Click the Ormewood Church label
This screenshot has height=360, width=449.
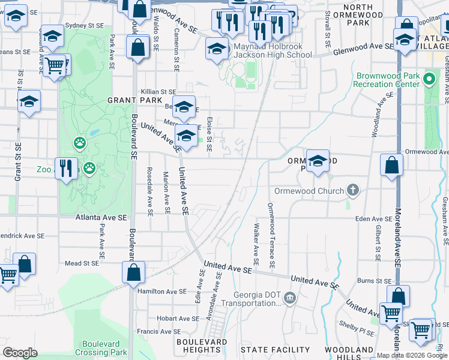pos(309,191)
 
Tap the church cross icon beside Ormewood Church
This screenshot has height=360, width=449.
pos(353,191)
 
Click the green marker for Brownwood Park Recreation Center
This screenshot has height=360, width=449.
pos(429,79)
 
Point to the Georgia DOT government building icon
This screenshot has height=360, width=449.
pos(289,298)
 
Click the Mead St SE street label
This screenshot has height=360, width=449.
pos(81,263)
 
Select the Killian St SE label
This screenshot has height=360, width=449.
pos(158,92)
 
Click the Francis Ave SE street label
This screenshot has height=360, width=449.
pos(155,331)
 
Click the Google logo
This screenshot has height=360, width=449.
pos(20,352)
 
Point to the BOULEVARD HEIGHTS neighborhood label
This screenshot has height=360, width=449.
pos(202,346)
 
